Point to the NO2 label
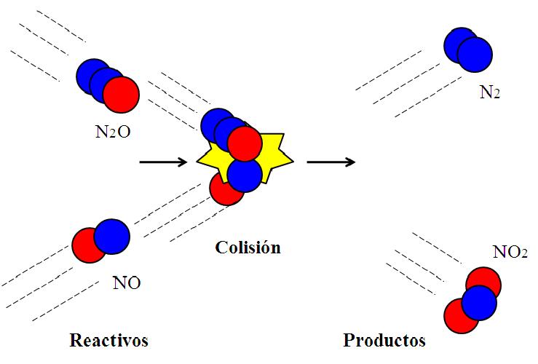tap(510, 253)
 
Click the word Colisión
tap(248, 248)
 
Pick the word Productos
tap(384, 340)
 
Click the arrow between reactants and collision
tap(162, 162)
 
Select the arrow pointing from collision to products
tap(331, 162)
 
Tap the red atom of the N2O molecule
tap(121, 95)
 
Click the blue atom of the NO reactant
tap(112, 236)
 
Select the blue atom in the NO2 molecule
tap(479, 303)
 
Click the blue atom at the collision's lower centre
tap(245, 175)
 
